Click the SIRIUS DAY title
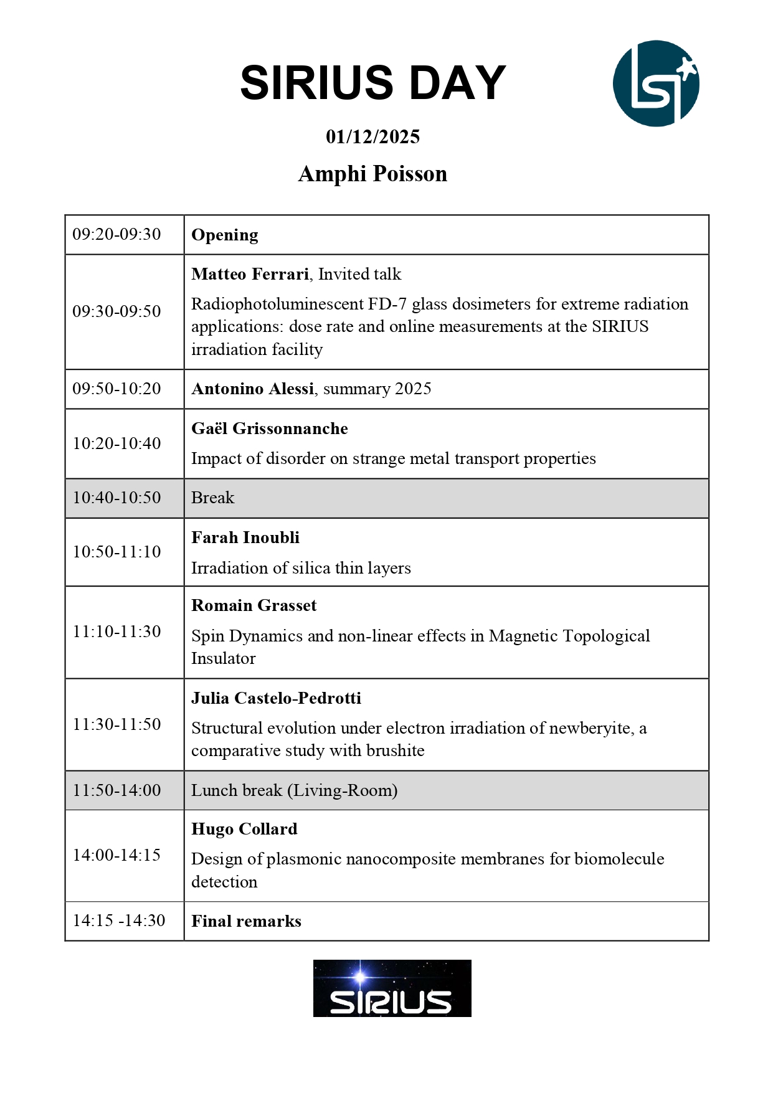pos(372,83)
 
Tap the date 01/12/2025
pos(372,137)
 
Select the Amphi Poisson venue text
pos(372,174)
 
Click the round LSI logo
pos(656,83)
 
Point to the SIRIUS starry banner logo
pos(392,988)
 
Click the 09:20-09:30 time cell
pos(116,234)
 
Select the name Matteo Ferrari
pos(250,274)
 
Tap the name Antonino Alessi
pos(252,389)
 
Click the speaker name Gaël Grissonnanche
pos(269,428)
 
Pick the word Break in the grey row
pos(212,498)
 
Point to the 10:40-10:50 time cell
pos(116,498)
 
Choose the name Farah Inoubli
pos(245,537)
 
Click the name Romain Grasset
pos(254,605)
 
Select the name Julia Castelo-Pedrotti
pos(276,698)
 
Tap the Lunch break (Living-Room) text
pos(294,790)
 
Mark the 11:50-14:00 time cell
pos(116,790)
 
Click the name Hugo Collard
pos(244,829)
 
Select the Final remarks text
pos(246,921)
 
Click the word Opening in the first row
pos(224,235)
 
